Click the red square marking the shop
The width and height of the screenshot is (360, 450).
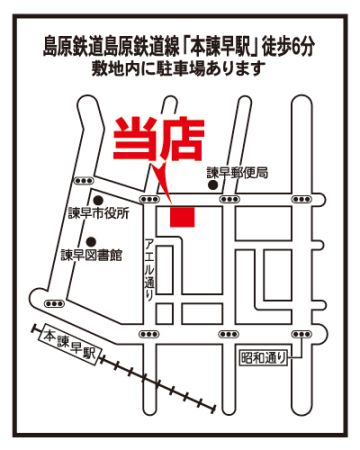pyautogui.click(x=182, y=217)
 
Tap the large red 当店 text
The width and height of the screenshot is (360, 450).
pyautogui.click(x=159, y=139)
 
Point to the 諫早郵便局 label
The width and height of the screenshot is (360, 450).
pyautogui.click(x=237, y=173)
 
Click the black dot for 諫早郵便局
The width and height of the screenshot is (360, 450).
pyautogui.click(x=212, y=185)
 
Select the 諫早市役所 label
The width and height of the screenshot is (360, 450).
pyautogui.click(x=99, y=214)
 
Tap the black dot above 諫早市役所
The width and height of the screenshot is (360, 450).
pyautogui.click(x=98, y=200)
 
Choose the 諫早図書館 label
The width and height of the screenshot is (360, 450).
pyautogui.click(x=91, y=255)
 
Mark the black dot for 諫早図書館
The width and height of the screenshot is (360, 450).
pyautogui.click(x=91, y=241)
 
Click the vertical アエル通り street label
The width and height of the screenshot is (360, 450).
pyautogui.click(x=149, y=270)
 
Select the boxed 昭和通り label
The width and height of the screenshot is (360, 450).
pyautogui.click(x=264, y=358)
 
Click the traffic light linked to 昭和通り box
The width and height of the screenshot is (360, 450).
pyautogui.click(x=302, y=334)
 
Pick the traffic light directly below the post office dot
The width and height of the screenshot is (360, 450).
pyautogui.click(x=230, y=199)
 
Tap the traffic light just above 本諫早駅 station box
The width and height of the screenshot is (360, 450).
pyautogui.click(x=54, y=304)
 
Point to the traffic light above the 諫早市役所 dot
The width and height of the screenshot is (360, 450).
pyautogui.click(x=84, y=181)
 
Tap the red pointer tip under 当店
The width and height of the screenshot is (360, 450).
pyautogui.click(x=172, y=203)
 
